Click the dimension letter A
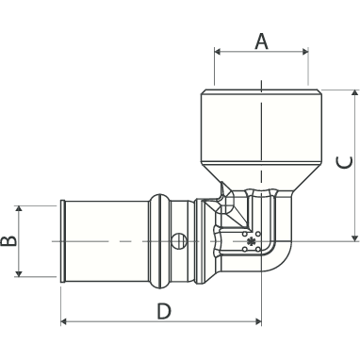click(x=261, y=42)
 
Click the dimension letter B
click(x=8, y=241)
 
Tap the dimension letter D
click(x=164, y=311)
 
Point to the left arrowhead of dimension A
click(x=218, y=52)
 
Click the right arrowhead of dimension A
click(x=305, y=52)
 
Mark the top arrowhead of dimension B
click(x=19, y=209)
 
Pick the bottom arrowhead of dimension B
click(x=19, y=273)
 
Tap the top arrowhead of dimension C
click(x=355, y=93)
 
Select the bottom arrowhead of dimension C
click(x=355, y=237)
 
